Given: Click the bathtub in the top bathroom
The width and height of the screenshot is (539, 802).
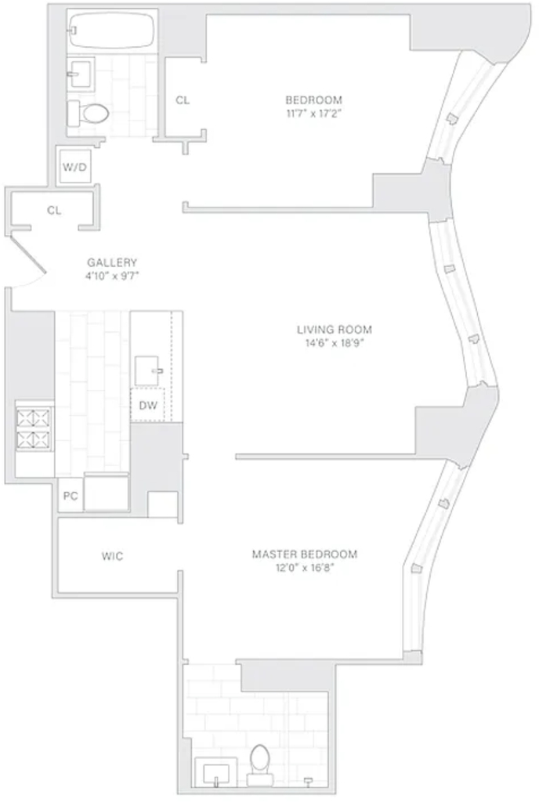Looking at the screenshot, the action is [x=111, y=31].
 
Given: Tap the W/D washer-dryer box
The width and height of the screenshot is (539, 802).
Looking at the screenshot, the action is [x=75, y=166].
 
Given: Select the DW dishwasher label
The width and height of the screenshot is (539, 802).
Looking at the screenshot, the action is [x=148, y=406].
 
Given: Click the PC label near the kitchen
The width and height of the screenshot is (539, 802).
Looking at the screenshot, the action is [x=70, y=496].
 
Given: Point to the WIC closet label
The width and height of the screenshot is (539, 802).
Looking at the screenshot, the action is [x=112, y=556].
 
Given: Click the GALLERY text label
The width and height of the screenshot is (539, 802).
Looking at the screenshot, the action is [x=112, y=263].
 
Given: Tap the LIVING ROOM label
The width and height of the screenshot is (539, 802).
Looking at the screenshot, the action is [x=335, y=330].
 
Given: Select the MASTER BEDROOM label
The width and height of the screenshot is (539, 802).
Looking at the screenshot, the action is [x=305, y=554].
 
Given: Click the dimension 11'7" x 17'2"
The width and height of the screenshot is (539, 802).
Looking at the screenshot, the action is [x=313, y=114].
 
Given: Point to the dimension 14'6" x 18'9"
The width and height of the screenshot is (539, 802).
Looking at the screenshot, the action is [x=335, y=343].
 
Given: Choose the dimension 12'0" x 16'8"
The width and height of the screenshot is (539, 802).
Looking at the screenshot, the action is [x=305, y=568].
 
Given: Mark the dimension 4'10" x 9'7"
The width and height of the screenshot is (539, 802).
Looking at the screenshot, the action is [x=113, y=276].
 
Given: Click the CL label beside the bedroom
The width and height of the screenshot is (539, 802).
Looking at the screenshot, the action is [x=183, y=100].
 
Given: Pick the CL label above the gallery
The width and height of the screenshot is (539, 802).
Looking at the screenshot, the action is [x=54, y=210].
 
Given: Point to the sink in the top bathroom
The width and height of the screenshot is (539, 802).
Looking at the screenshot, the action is [x=81, y=74].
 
